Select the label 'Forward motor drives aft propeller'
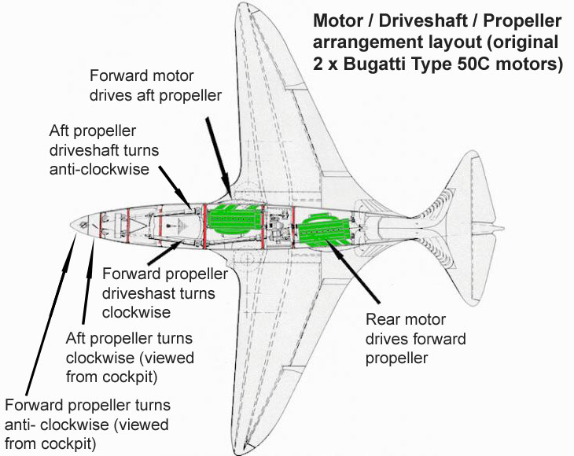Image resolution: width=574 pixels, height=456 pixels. tap(155, 86)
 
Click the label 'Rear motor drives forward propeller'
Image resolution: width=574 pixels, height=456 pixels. tap(416, 339)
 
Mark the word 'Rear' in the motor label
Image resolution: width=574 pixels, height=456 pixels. tap(382, 320)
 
